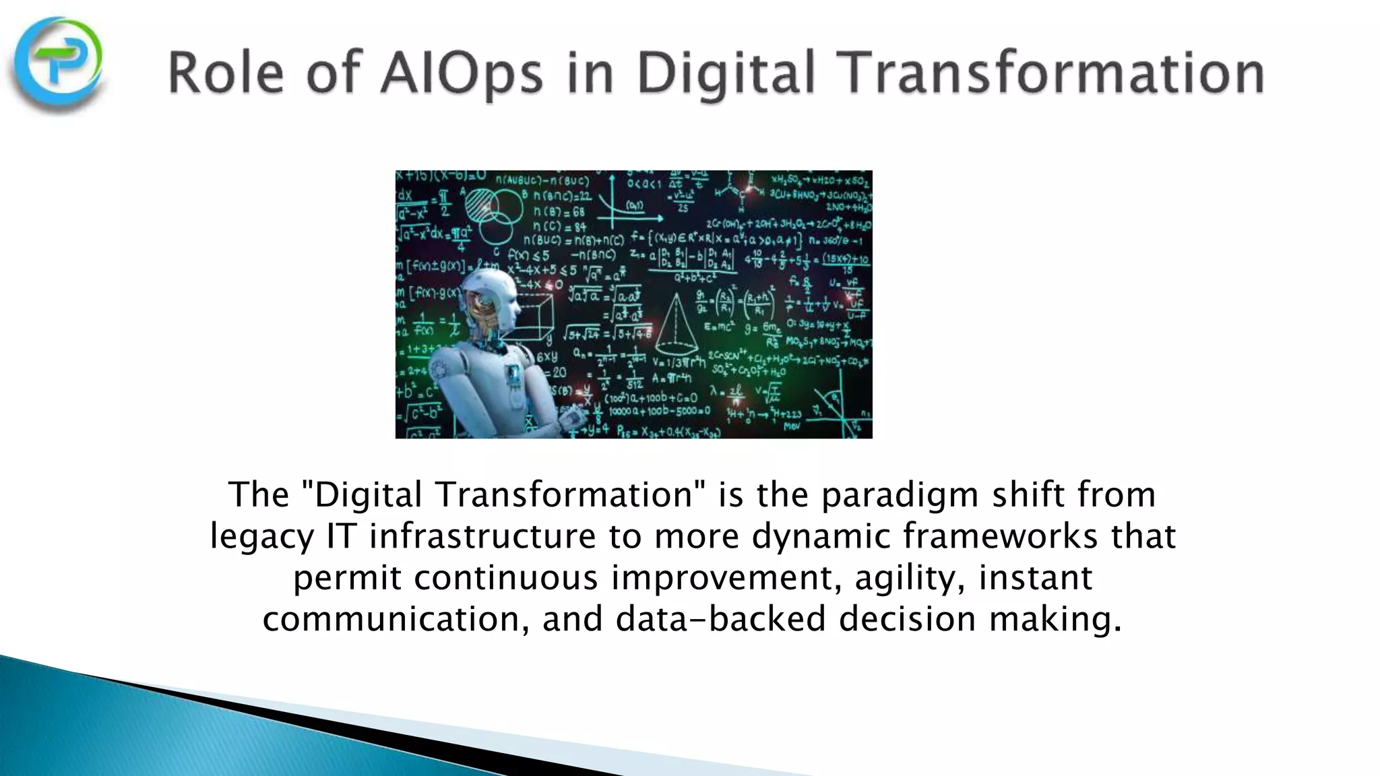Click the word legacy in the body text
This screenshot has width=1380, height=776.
[262, 537]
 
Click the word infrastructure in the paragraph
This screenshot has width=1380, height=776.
[482, 537]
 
